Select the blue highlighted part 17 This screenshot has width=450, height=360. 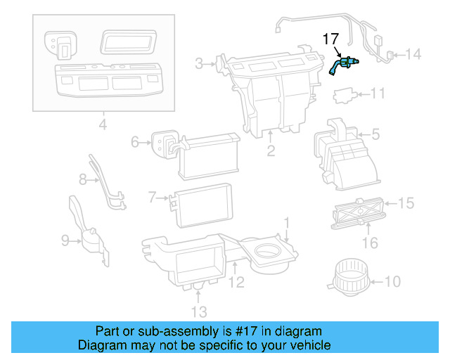click(344, 65)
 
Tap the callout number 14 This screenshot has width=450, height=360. click(413, 54)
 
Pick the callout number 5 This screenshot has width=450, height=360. click(375, 132)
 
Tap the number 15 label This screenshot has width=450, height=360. click(406, 204)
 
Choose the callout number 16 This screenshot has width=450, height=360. click(370, 243)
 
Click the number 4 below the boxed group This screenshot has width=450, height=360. click(103, 127)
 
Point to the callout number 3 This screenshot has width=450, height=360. click(200, 65)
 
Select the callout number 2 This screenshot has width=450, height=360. click(270, 151)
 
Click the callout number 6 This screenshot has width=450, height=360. click(136, 143)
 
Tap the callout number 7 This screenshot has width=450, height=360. click(152, 198)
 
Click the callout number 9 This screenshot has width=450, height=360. click(65, 241)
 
